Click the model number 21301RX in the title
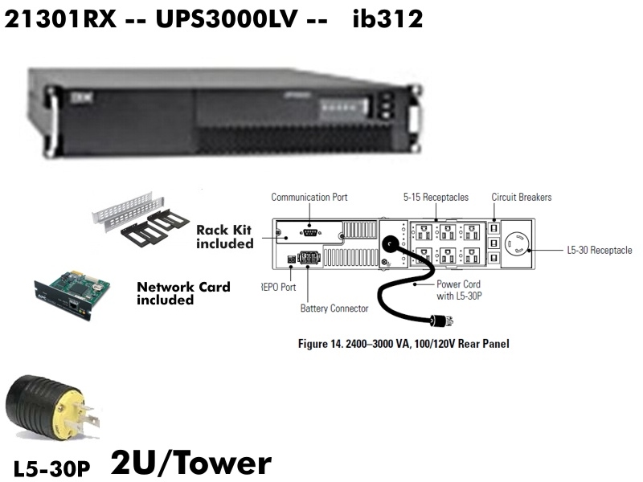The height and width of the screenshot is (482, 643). coord(60,18)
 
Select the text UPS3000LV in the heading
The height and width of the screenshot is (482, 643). coord(226,18)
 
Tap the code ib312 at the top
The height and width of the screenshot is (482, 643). coord(387,18)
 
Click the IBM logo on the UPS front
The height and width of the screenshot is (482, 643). coord(82,97)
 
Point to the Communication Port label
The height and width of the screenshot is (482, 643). coord(309,197)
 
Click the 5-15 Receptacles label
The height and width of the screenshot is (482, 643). coord(436,197)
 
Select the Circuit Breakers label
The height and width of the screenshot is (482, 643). coord(522,197)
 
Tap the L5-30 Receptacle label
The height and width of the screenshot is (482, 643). coord(600,250)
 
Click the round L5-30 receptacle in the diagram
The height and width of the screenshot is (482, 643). coord(516,244)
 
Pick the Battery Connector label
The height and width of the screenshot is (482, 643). coord(334,308)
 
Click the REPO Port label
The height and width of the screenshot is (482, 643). coord(278,287)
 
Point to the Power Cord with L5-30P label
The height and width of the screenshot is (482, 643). coord(459,290)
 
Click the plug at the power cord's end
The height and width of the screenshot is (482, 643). coord(441,320)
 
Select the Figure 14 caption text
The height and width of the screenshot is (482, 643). coord(403,344)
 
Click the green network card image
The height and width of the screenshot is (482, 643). coord(73,294)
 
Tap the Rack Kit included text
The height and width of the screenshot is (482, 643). coord(225,236)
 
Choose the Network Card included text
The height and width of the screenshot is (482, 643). coord(183,293)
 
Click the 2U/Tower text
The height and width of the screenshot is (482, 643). coord(191,463)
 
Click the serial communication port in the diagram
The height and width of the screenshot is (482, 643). coord(310,233)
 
